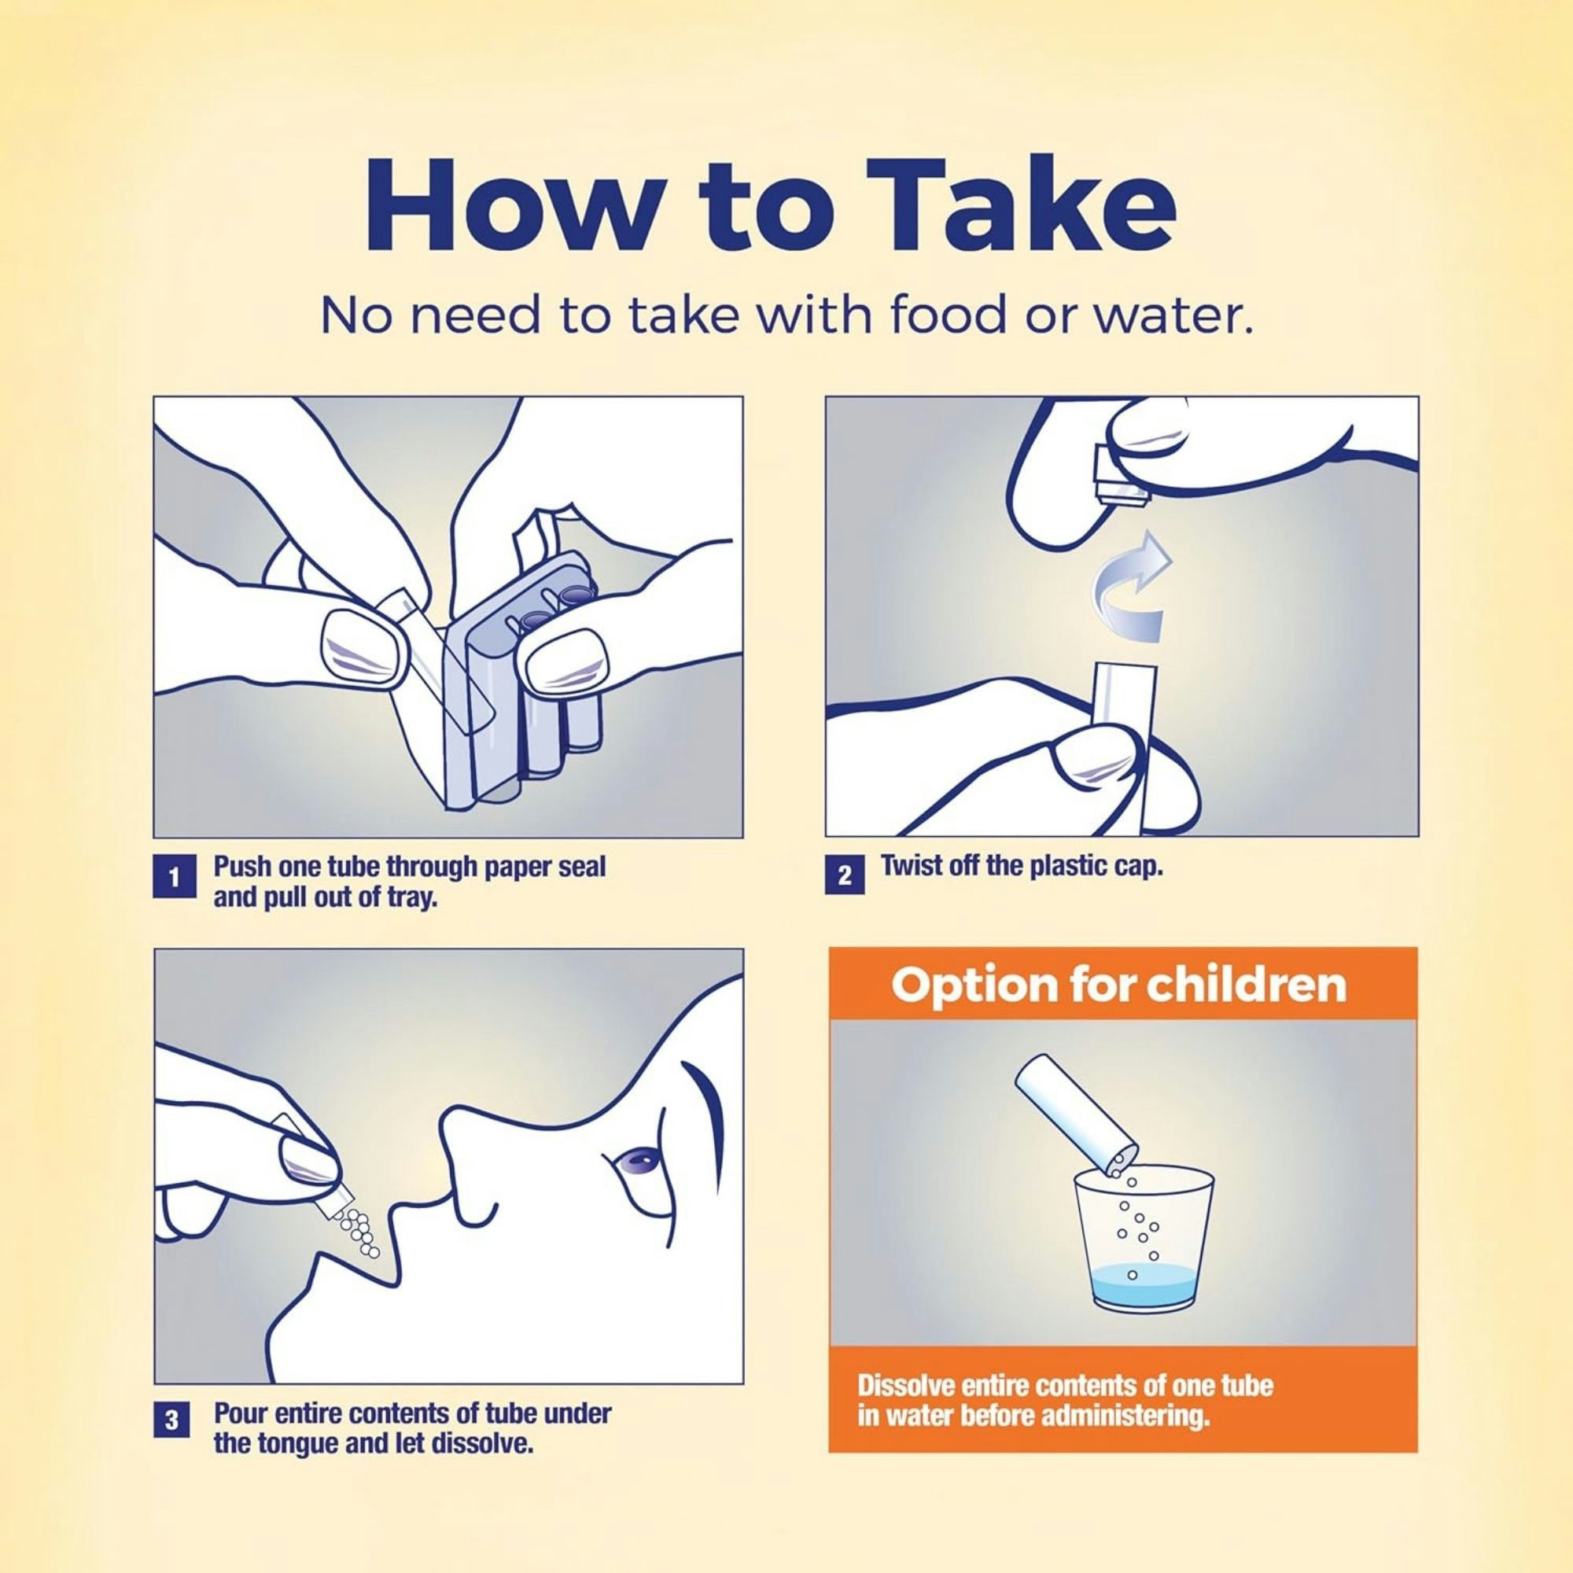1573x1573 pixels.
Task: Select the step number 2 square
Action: point(844,875)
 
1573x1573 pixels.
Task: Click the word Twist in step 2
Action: point(908,865)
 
